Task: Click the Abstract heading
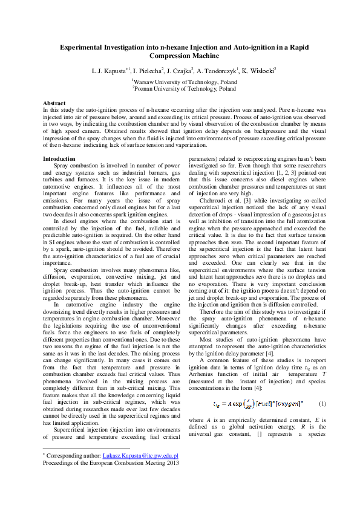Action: [x=55, y=103]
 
